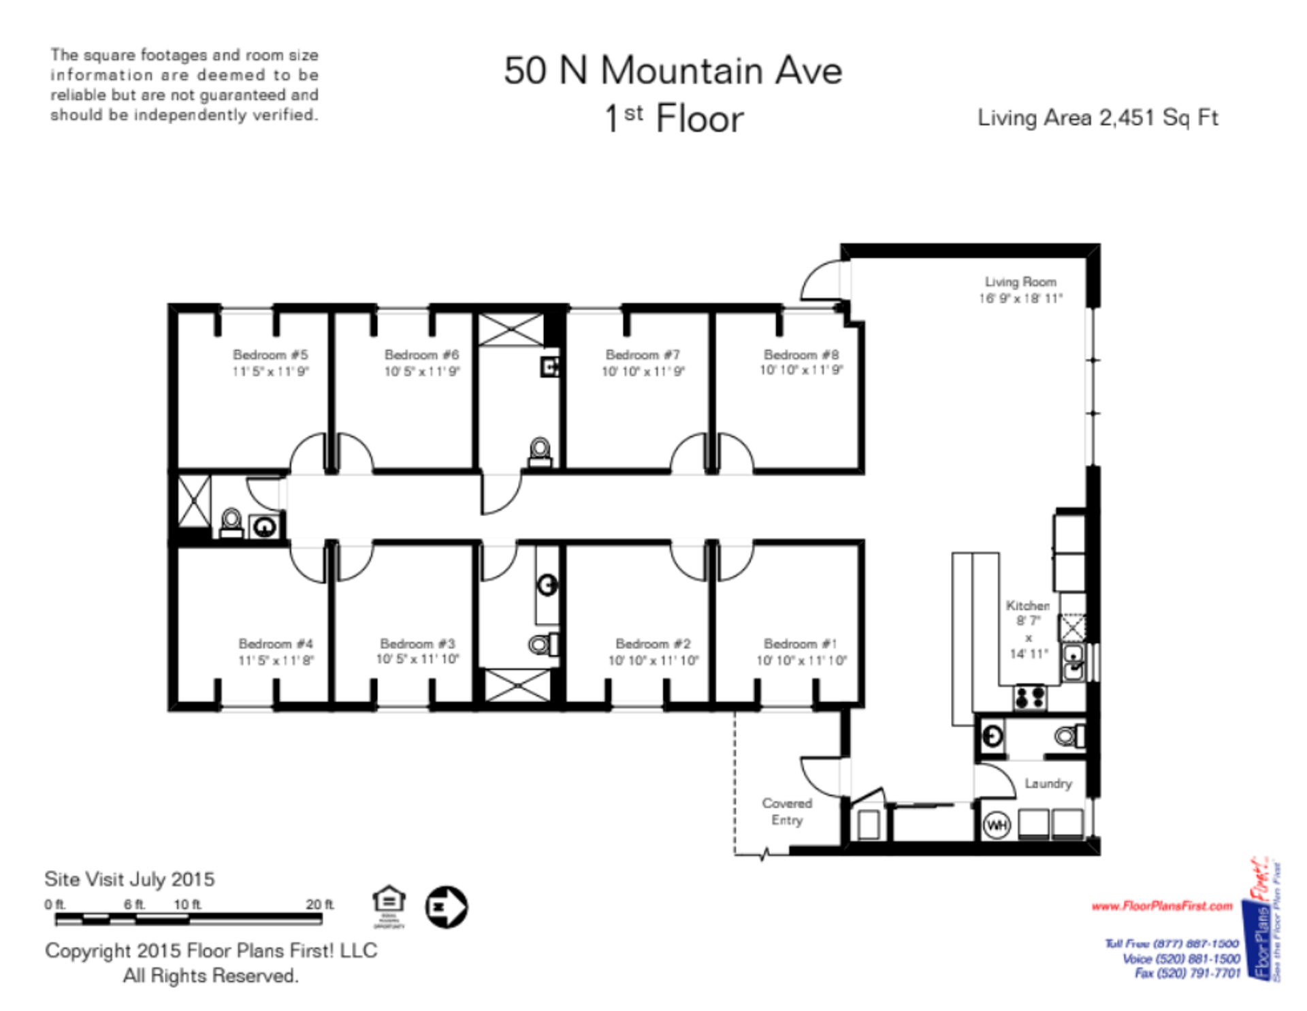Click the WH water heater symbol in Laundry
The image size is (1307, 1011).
click(x=997, y=825)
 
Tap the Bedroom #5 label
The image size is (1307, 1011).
click(x=270, y=355)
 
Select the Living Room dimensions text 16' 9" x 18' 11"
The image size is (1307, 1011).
click(x=1020, y=298)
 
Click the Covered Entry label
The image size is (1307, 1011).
click(x=787, y=812)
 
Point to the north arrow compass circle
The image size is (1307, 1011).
click(x=446, y=906)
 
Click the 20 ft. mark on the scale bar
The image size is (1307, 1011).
click(x=319, y=905)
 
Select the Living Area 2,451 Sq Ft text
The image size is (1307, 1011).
click(x=1097, y=118)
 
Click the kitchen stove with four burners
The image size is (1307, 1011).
click(x=1029, y=697)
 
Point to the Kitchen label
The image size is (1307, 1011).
click(x=1027, y=605)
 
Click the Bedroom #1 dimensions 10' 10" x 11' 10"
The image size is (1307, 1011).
click(x=801, y=660)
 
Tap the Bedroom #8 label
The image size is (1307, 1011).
click(x=801, y=355)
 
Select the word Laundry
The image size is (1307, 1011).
click(x=1048, y=784)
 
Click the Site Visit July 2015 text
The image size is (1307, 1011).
click(x=129, y=879)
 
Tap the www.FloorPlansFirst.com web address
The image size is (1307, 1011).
click(x=1161, y=905)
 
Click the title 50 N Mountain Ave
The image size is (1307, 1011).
click(x=673, y=71)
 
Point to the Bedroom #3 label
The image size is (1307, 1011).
click(x=417, y=643)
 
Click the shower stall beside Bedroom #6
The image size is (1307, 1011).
click(x=511, y=330)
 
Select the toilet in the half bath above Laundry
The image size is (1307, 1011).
click(x=1068, y=736)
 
